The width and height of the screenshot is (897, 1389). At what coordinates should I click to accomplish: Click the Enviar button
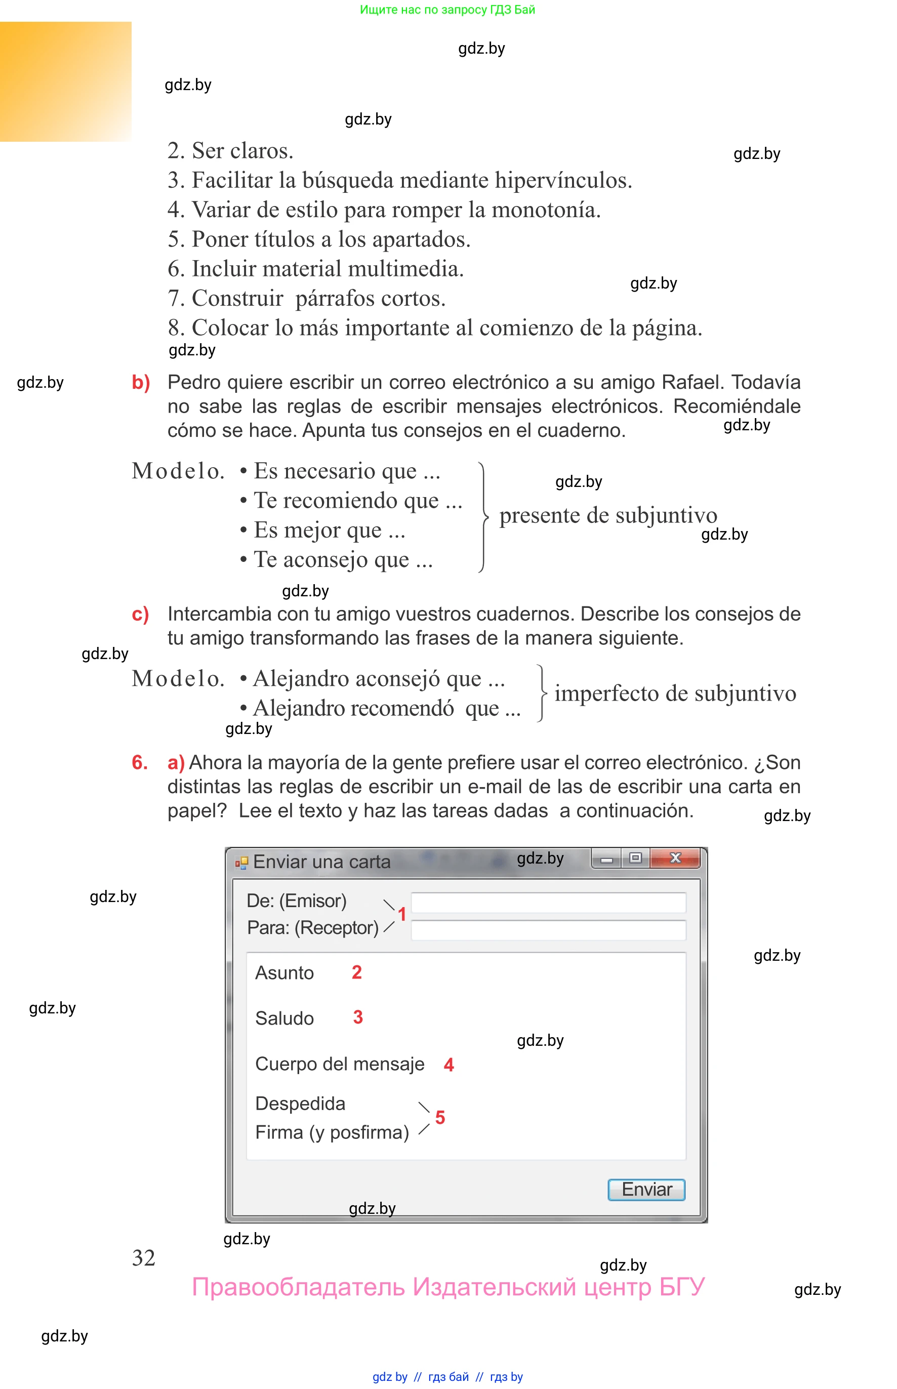click(x=646, y=1189)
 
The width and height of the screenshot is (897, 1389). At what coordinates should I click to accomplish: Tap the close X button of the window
click(x=675, y=858)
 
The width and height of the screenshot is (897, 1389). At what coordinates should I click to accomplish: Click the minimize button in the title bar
click(x=606, y=859)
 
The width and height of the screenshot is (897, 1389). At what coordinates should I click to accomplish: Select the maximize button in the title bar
click(x=635, y=858)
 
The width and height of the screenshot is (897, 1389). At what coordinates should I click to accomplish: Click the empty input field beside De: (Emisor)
click(x=548, y=902)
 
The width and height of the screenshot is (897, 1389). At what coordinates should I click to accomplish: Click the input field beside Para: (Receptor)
click(x=548, y=929)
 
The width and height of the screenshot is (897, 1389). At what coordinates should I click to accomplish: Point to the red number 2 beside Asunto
click(x=356, y=972)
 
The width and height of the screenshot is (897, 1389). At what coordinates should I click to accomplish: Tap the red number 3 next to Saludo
click(x=357, y=1017)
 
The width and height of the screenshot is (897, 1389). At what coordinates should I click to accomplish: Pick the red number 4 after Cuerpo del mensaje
click(x=448, y=1065)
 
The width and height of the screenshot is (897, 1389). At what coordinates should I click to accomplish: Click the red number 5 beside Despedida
click(x=440, y=1117)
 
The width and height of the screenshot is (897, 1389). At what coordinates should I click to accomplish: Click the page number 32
click(x=143, y=1258)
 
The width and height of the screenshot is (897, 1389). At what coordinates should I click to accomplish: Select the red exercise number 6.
click(x=139, y=762)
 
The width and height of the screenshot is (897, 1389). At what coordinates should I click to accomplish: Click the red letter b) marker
click(x=141, y=382)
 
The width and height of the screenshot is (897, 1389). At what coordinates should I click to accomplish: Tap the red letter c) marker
click(x=140, y=614)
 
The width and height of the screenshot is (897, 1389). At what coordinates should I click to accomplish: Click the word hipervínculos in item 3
click(x=563, y=181)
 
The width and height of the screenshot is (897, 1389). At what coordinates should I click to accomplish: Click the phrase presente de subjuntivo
click(x=608, y=515)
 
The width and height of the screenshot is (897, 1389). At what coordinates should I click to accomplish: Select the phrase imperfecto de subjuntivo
click(x=675, y=693)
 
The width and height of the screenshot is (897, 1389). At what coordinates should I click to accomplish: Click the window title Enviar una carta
click(x=321, y=862)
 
